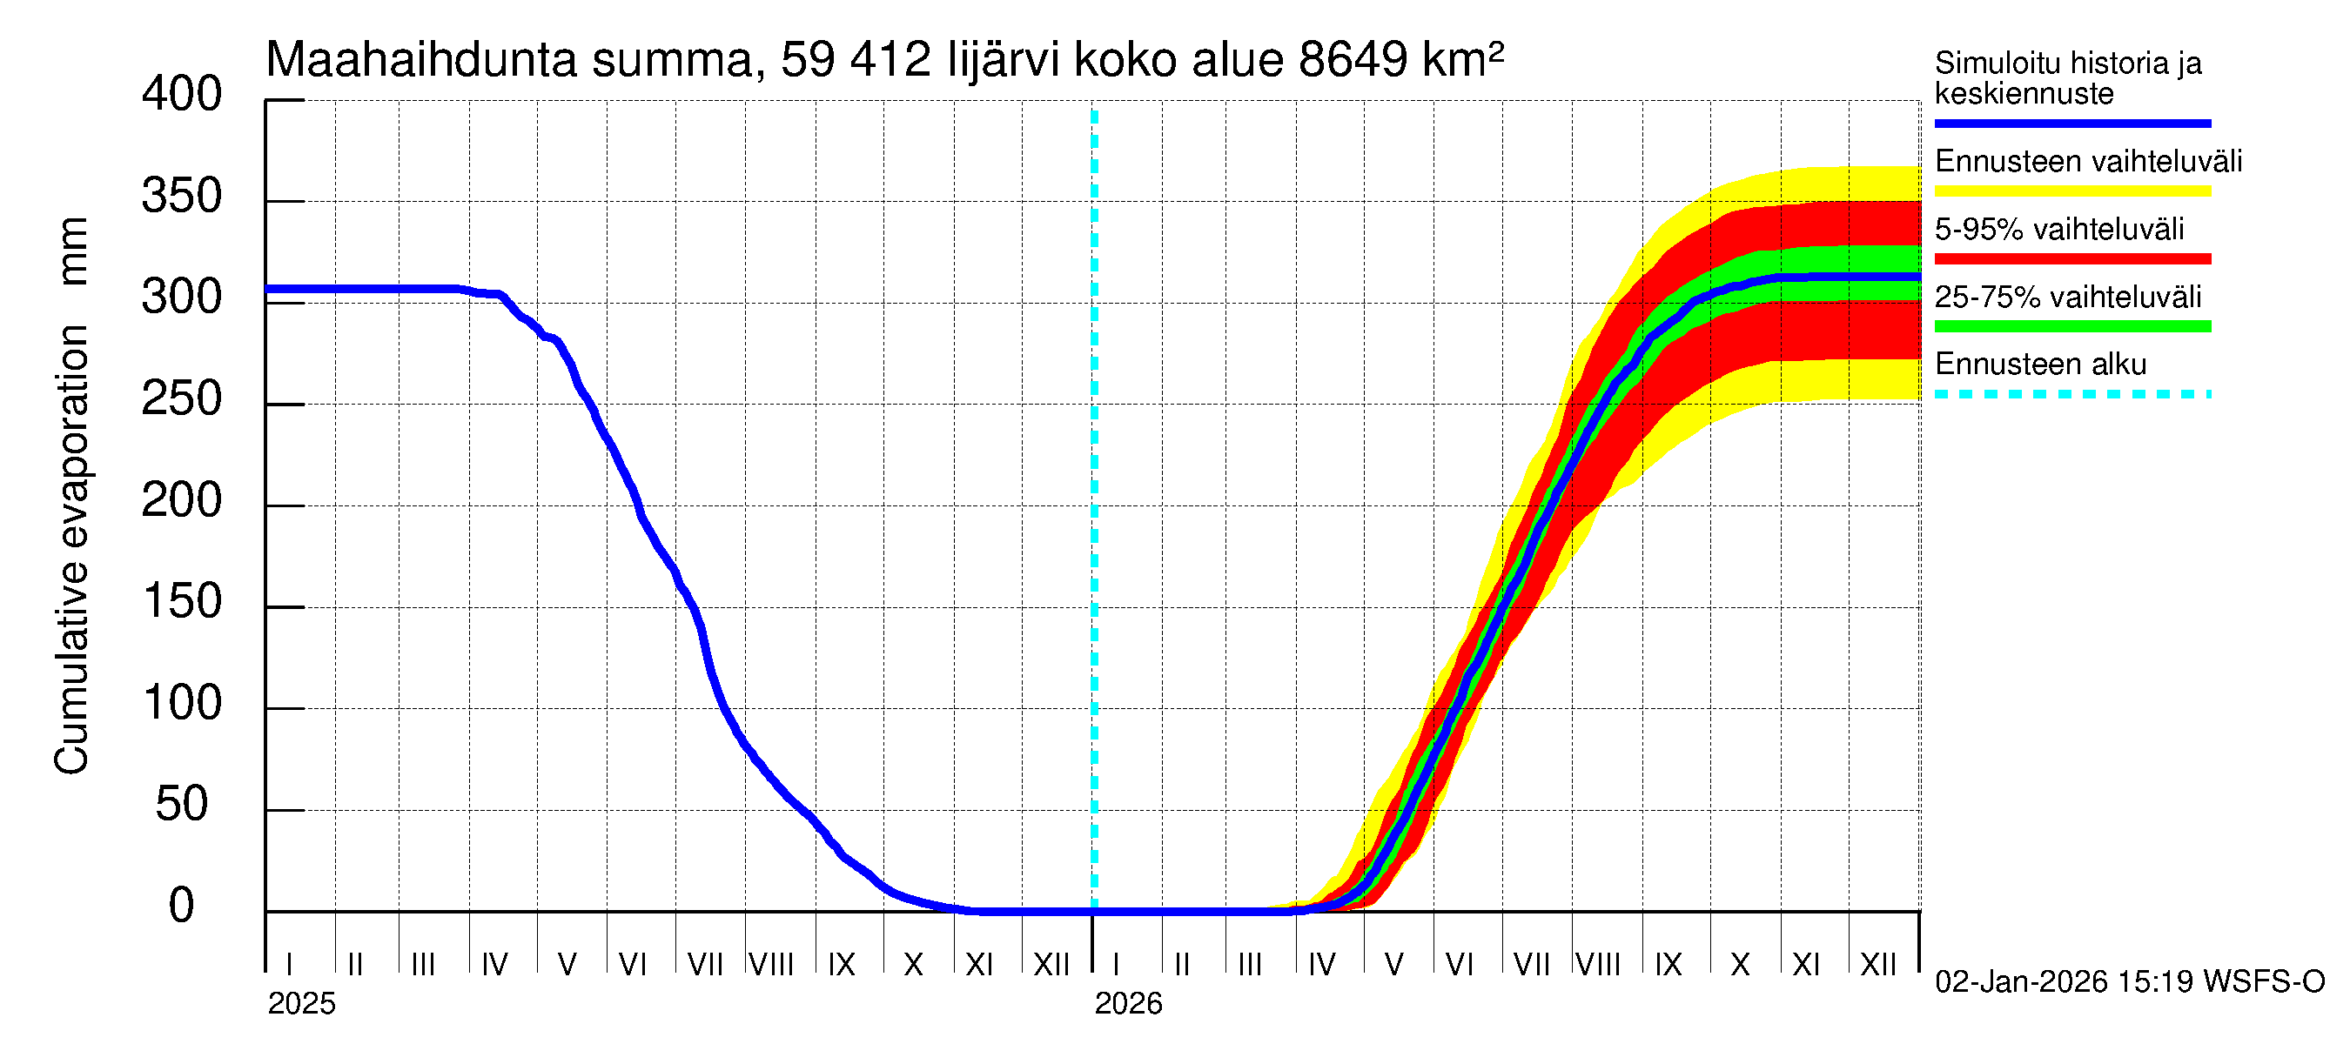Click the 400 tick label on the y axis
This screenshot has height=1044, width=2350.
pyautogui.click(x=181, y=95)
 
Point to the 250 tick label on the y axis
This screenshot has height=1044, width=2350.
pyautogui.click(x=181, y=399)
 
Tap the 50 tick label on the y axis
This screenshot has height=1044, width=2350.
pyautogui.click(x=181, y=805)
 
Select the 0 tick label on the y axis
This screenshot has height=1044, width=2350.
pyautogui.click(x=181, y=907)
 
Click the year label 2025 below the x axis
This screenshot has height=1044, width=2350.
pyautogui.click(x=301, y=1004)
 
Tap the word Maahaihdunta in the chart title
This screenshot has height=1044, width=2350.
pyautogui.click(x=420, y=60)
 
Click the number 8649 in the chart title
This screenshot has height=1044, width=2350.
pyautogui.click(x=1353, y=60)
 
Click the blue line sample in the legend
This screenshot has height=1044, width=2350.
pyautogui.click(x=2071, y=123)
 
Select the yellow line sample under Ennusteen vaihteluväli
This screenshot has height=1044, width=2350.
pyautogui.click(x=2071, y=191)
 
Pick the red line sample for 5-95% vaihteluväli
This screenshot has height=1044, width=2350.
pyautogui.click(x=2071, y=259)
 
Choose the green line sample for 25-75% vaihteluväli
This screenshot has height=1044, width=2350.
pyautogui.click(x=2071, y=326)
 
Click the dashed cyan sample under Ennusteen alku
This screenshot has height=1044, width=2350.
pyautogui.click(x=2071, y=395)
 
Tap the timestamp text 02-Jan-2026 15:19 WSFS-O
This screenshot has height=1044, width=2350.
pyautogui.click(x=2129, y=982)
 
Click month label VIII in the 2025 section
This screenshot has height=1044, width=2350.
pyautogui.click(x=771, y=965)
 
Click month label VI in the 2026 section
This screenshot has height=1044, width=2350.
pyautogui.click(x=1459, y=965)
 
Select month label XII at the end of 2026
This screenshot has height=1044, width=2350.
pyautogui.click(x=1877, y=965)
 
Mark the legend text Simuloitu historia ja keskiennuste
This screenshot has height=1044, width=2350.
pyautogui.click(x=2067, y=77)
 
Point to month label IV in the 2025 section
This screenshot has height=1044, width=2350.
pyautogui.click(x=493, y=965)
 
